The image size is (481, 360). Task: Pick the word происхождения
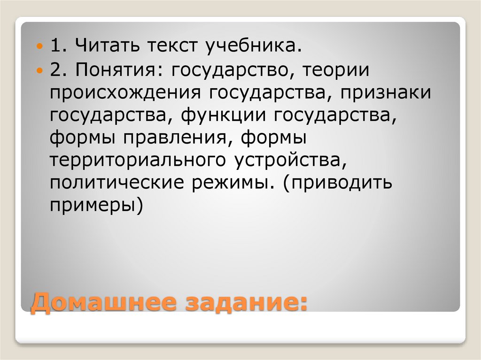(124, 93)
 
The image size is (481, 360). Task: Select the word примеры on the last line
(94, 206)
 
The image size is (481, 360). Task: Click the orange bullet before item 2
(40, 71)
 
